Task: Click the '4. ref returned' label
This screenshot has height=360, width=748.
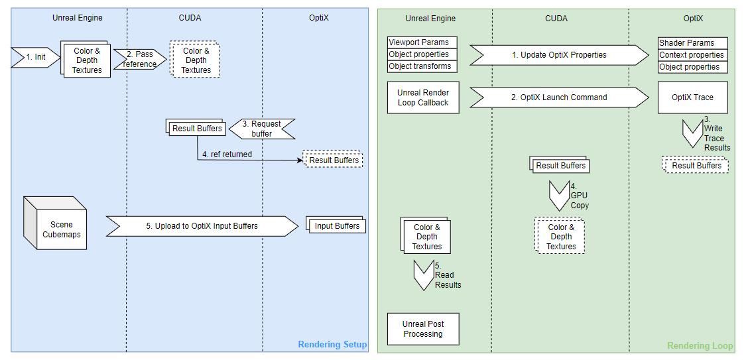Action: (x=231, y=154)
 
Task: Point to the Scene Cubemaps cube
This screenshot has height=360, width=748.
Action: (x=56, y=223)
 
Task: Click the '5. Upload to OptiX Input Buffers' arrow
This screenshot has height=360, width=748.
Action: (x=202, y=226)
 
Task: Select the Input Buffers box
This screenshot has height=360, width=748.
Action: (x=337, y=226)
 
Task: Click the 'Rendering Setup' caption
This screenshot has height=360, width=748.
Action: (x=332, y=345)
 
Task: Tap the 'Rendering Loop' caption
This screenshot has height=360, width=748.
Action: (x=700, y=345)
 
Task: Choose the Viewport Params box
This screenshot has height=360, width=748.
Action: (x=420, y=42)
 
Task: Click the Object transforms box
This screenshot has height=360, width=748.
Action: (x=420, y=66)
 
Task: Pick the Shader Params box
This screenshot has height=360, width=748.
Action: (x=692, y=43)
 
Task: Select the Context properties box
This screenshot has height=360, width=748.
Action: (x=692, y=55)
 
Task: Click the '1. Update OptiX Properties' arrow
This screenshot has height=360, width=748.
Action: (x=559, y=55)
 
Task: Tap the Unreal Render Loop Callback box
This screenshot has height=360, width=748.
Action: (x=423, y=97)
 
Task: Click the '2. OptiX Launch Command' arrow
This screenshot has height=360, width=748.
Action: (x=559, y=97)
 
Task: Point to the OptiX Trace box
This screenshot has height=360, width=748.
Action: (x=692, y=97)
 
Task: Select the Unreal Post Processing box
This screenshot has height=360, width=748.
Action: (x=423, y=329)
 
